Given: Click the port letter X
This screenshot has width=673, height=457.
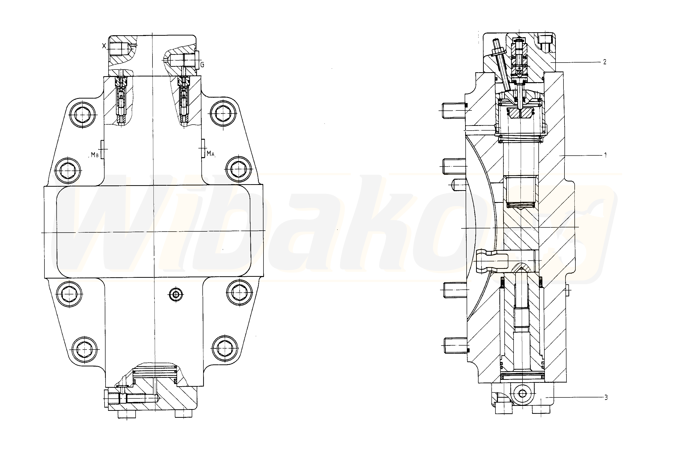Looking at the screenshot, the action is pos(104,45).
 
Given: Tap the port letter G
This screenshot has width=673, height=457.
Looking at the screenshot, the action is pos(202,65).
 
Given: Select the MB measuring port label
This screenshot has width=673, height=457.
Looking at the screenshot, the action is pos(95,155).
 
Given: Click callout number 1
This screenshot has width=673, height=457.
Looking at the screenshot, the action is pos(605,155).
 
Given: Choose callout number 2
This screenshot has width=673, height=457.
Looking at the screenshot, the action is pos(605,62).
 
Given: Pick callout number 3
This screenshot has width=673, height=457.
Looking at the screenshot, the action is pos(606,397).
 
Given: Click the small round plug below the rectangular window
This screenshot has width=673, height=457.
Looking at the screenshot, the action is pos(176,295).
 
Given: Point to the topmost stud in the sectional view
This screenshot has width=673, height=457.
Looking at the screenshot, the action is pos(454,110).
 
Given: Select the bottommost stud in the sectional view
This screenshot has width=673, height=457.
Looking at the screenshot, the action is pos(455,345).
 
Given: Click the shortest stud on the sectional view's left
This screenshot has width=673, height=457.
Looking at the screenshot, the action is pos(459,184).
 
